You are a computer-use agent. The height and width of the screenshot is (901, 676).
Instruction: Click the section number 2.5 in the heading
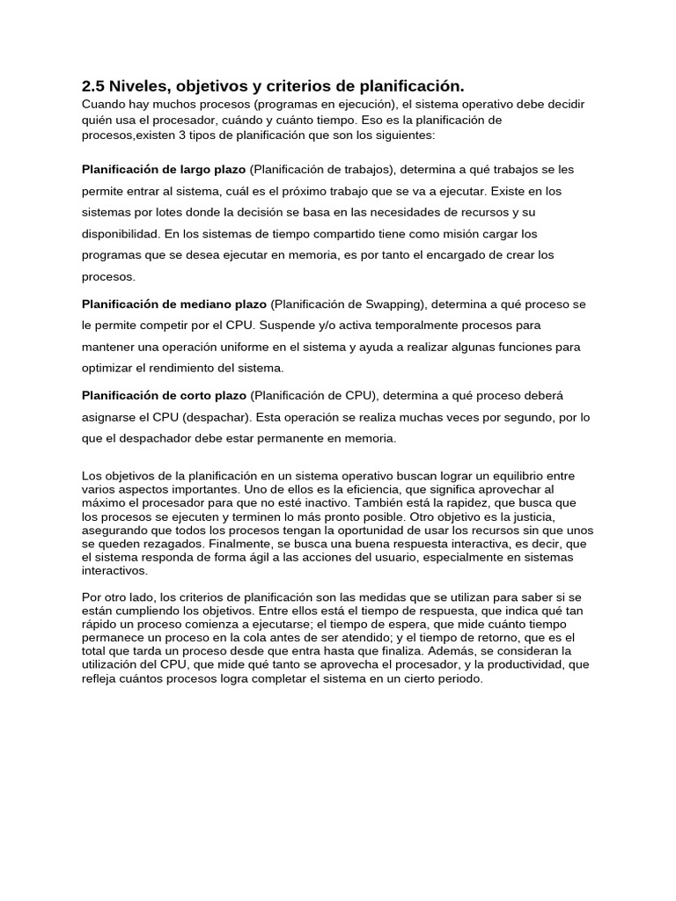[93, 86]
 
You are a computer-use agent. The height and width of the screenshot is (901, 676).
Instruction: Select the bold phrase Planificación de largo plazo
[164, 169]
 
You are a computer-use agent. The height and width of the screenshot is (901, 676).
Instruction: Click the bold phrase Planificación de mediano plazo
[173, 304]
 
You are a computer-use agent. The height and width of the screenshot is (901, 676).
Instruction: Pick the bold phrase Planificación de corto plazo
[164, 395]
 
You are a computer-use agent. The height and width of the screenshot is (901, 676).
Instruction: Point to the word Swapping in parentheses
[393, 304]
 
